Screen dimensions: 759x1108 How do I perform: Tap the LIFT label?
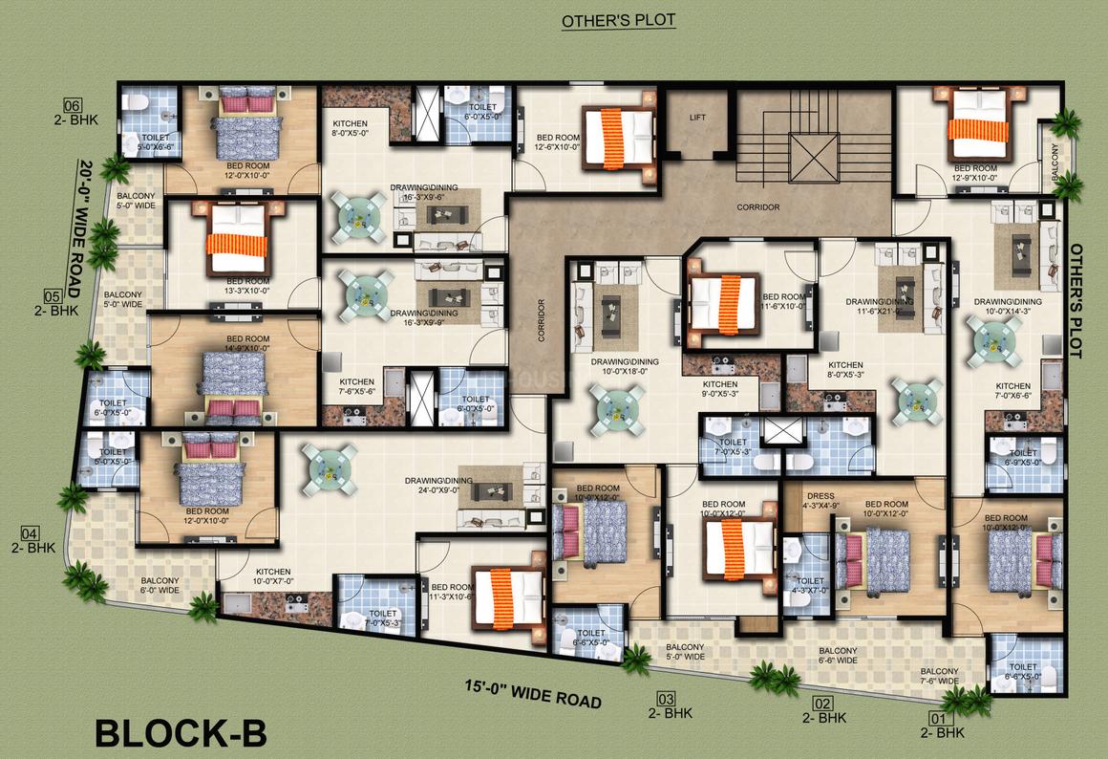pos(697,117)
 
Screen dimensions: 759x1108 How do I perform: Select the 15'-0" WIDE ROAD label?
pos(533,693)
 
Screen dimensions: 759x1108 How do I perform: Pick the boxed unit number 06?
pos(73,105)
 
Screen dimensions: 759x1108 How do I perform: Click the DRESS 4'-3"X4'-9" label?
pos(821,500)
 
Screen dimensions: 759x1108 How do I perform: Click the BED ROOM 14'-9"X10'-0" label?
pos(248,344)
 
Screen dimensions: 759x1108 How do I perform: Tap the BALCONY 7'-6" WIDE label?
pos(940,677)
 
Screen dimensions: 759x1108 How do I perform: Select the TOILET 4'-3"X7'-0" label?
pos(810,585)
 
